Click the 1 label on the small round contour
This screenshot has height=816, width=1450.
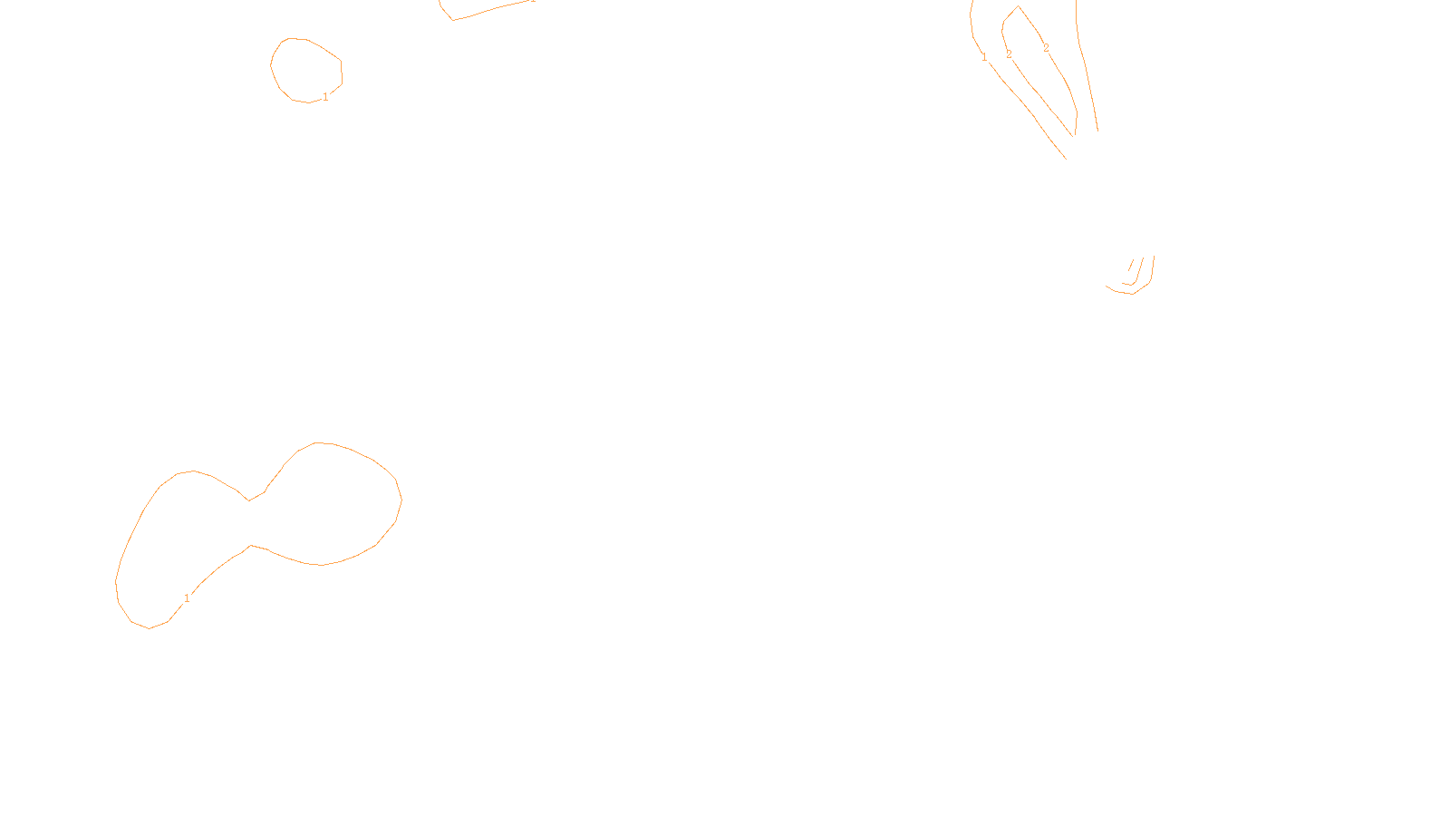pyautogui.click(x=325, y=97)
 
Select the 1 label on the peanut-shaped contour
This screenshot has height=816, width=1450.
pyautogui.click(x=187, y=598)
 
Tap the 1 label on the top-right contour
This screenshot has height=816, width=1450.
pyautogui.click(x=984, y=57)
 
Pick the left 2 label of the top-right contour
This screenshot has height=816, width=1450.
pyautogui.click(x=1009, y=54)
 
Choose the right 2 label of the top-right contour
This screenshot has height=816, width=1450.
pyautogui.click(x=1046, y=48)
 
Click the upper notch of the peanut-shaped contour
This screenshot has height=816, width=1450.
pyautogui.click(x=249, y=500)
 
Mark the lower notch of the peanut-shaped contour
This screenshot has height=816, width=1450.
pyautogui.click(x=251, y=546)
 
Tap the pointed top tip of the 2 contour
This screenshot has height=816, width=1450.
pyautogui.click(x=1019, y=7)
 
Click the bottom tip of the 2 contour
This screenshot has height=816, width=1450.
pyautogui.click(x=1074, y=136)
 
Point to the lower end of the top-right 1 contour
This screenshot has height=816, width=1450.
pyautogui.click(x=1066, y=158)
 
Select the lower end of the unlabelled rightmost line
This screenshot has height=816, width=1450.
pyautogui.click(x=1097, y=131)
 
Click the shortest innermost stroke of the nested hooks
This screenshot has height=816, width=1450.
pyautogui.click(x=1131, y=265)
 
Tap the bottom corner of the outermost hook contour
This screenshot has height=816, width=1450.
pyautogui.click(x=1133, y=294)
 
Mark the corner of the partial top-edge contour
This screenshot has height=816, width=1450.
pyautogui.click(x=452, y=19)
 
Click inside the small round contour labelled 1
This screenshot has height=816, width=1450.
pyautogui.click(x=306, y=69)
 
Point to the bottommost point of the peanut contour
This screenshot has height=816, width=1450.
pyautogui.click(x=150, y=628)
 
